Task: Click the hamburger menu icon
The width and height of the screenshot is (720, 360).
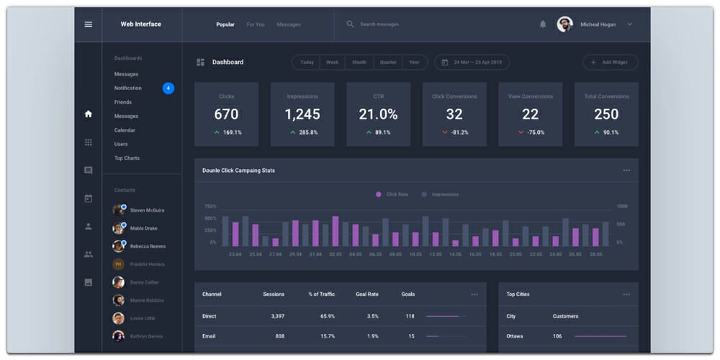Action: point(89,24)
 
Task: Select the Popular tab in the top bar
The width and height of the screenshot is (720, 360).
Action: point(225,24)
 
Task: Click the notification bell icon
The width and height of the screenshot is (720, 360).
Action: point(543,24)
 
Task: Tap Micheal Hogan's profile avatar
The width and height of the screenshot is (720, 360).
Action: point(564,24)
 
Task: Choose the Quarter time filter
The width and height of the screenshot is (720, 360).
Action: point(388,63)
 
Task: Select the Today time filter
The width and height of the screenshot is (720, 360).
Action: point(307,63)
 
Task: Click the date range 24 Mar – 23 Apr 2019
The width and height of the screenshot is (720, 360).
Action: point(472,63)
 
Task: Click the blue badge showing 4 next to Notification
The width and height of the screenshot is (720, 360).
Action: point(168,89)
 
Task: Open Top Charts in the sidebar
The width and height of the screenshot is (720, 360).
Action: point(127,158)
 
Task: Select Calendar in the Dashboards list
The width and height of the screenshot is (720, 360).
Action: point(125,130)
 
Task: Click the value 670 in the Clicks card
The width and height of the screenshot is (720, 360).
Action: point(226,114)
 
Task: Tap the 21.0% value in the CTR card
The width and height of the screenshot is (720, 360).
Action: point(378,114)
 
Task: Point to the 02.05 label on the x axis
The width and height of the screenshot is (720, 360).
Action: point(336,254)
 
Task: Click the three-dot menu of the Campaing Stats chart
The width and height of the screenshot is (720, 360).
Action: point(626,171)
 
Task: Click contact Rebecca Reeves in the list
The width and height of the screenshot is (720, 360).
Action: point(148,246)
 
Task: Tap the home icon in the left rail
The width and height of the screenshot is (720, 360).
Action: point(89,114)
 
